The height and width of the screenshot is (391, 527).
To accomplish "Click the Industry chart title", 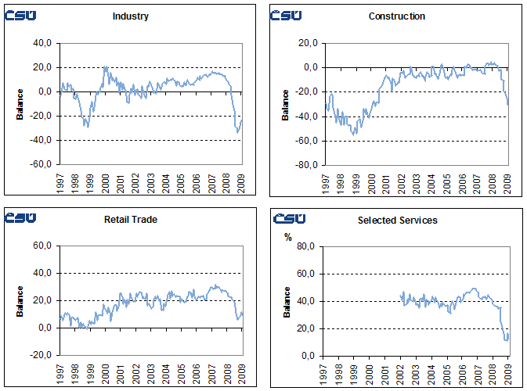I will pyautogui.click(x=131, y=16).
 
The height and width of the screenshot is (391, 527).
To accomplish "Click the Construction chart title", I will pyautogui.click(x=396, y=16).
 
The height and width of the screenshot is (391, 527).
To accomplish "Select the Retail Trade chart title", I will pyautogui.click(x=131, y=220).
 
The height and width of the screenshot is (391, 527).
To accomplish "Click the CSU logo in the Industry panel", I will pyautogui.click(x=19, y=15).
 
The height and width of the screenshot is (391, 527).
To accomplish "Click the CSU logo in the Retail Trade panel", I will pyautogui.click(x=19, y=217).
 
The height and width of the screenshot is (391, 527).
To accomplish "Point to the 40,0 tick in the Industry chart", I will pyautogui.click(x=42, y=43).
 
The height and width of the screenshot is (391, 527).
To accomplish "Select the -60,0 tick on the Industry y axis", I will pyautogui.click(x=40, y=165).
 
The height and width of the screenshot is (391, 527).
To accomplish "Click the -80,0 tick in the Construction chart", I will pyautogui.click(x=305, y=165).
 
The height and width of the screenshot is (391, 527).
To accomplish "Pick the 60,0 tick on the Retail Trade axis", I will pyautogui.click(x=42, y=246).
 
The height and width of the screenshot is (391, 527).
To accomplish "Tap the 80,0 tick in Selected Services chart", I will pyautogui.click(x=306, y=246).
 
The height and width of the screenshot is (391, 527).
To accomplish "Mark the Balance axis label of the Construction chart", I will pyautogui.click(x=285, y=105).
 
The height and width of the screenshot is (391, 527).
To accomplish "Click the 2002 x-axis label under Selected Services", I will pyautogui.click(x=402, y=371).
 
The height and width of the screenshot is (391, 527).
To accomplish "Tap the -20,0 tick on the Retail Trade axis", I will pyautogui.click(x=40, y=355).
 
